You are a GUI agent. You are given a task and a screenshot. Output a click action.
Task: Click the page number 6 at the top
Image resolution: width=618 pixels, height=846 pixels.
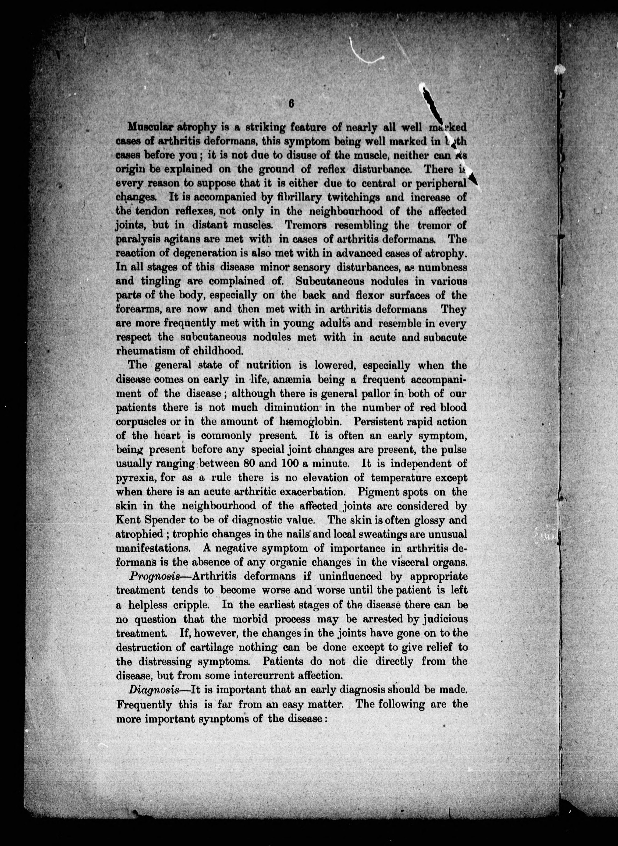(291, 104)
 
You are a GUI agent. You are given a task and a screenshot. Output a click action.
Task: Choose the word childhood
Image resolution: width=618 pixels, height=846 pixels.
(224, 351)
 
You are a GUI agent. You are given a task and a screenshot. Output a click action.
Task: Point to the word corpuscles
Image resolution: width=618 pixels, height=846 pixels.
(141, 422)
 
